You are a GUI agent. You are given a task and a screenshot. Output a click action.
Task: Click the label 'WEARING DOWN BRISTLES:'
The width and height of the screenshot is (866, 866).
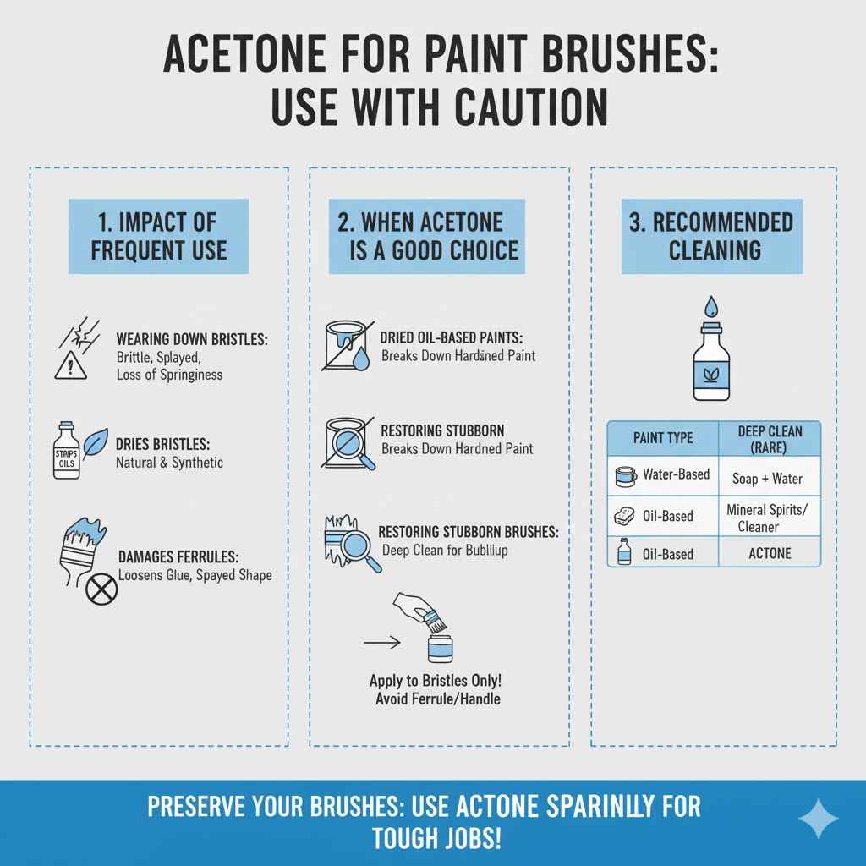[x=192, y=339]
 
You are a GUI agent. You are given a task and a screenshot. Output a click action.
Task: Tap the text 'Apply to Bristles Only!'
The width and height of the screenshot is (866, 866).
[x=441, y=680]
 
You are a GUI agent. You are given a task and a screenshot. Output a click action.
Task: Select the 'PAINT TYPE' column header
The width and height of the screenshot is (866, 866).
[x=663, y=437]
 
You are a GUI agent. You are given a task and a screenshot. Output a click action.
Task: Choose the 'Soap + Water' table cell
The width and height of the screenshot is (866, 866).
[x=767, y=479]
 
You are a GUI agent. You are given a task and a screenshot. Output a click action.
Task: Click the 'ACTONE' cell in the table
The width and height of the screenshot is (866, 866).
[x=770, y=553]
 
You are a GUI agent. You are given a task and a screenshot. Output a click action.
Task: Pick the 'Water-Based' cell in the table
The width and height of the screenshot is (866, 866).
[x=675, y=474]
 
